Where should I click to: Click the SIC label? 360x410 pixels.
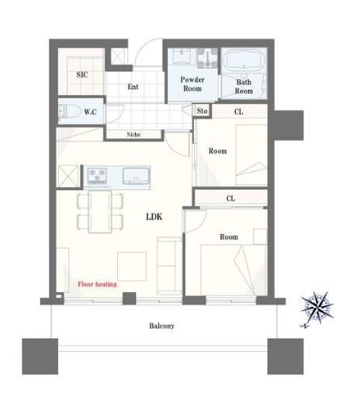coord(82,74)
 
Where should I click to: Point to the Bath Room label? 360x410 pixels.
coord(244,86)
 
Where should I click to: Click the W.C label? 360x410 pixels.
coord(90,112)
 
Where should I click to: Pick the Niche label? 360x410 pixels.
coord(134,135)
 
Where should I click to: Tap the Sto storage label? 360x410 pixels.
coord(202,112)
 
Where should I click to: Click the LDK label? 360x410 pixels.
coord(154,217)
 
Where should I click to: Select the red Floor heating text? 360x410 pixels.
coord(97,284)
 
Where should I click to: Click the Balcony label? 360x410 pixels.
coord(161,326)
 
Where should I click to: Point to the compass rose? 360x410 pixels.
coord(317,307)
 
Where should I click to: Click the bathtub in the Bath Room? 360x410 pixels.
coord(244,62)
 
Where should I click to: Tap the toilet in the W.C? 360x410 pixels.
coord(68,112)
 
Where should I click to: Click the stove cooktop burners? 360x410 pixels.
coord(99,176)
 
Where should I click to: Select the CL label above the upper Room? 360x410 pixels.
coord(238,112)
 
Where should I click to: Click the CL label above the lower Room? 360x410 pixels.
coord(230,198)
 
